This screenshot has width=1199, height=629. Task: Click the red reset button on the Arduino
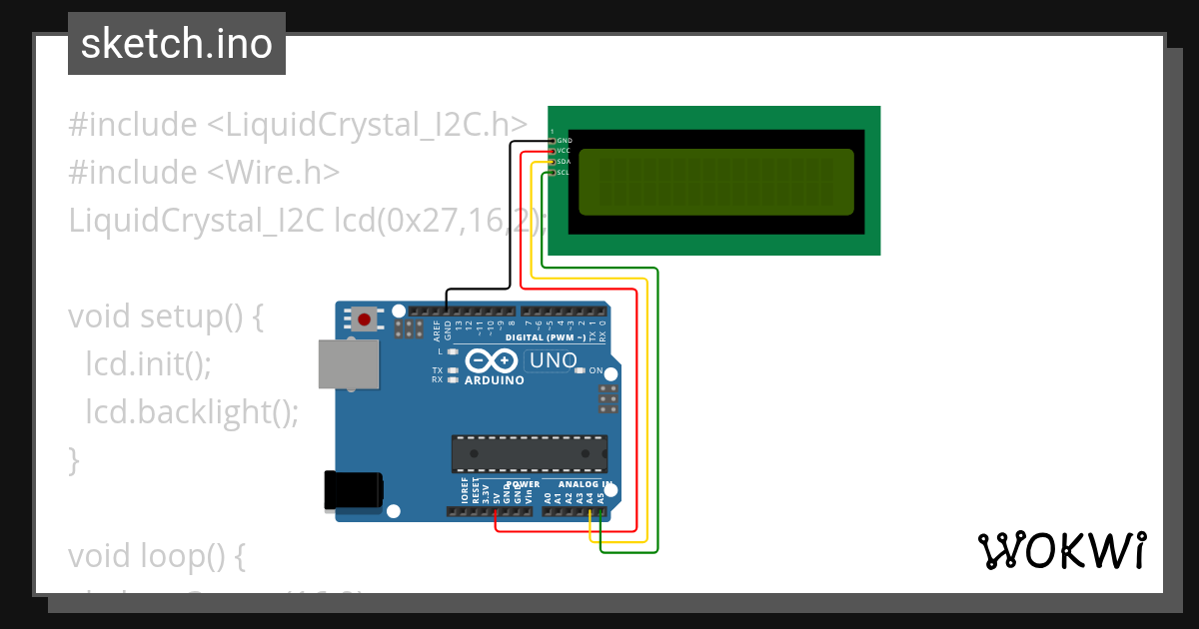pos(365,319)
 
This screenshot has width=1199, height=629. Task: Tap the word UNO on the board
pos(553,360)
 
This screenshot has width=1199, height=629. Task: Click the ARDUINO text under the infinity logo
pos(495,380)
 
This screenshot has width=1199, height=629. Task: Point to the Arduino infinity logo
pos(493,360)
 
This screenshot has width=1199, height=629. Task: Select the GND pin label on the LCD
pos(564,141)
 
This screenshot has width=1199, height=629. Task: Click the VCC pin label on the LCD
pos(564,151)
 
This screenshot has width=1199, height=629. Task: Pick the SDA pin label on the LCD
pos(564,162)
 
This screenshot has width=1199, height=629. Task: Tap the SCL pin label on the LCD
pos(563,173)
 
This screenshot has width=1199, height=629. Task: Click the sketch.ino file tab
pos(177,44)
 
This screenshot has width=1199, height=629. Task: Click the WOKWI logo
pos(1060,551)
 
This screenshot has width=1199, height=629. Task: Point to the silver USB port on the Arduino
pos(349,363)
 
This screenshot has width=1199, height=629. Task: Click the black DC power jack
pos(354,491)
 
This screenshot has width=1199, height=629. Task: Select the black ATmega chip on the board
pos(529,452)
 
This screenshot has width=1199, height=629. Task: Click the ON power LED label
pos(597,371)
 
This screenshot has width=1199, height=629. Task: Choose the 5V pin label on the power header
pos(496,493)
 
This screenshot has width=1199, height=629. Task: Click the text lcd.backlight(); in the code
pos(192,411)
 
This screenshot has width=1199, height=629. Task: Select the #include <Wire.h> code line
pos(204,173)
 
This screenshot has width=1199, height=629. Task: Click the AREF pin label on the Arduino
pos(436,328)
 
